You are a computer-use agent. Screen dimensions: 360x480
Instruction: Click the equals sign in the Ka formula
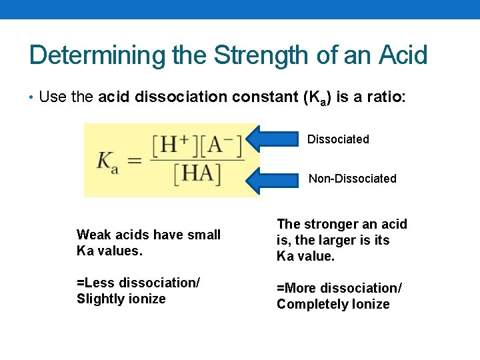tap(135, 161)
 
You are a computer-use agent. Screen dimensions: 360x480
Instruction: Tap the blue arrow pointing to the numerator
tap(274, 139)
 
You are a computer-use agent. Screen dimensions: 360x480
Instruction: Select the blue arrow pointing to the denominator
tap(274, 179)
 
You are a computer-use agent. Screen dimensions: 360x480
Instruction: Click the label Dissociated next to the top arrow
tap(338, 139)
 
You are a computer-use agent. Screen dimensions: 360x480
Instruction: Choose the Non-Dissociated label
tap(352, 179)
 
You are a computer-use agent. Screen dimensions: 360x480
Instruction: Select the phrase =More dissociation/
tap(339, 288)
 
